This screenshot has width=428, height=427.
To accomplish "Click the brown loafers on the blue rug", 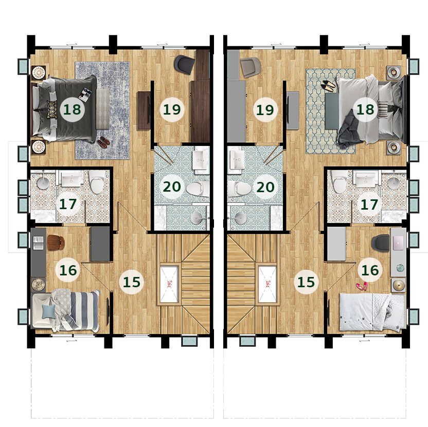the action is tap(104, 142).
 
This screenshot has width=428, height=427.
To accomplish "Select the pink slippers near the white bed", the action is tap(362, 286).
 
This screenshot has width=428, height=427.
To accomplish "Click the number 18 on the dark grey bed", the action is tap(72, 109).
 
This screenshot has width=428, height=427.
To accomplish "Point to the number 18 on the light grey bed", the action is tap(365, 109).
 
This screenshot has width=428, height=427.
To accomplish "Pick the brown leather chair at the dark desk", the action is tap(56, 243).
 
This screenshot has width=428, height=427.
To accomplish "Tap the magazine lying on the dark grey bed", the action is tap(84, 94).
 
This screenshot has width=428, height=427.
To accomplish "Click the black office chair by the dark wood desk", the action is tap(185, 64).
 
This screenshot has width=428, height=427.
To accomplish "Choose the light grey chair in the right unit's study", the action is tap(251, 67).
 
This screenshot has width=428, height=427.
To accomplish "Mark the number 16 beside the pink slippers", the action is tap(370, 270).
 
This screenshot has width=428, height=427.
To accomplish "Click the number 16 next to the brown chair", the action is tap(68, 270).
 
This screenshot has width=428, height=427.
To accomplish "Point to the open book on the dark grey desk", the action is tap(38, 243).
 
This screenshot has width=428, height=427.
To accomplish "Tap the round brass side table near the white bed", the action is tap(398, 286).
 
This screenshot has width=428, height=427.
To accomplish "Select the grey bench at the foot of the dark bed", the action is tap(103, 109).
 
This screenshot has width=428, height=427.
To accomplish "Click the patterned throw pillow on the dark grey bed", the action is tap(52, 109).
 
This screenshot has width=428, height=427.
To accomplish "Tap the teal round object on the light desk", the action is tap(400, 268).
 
